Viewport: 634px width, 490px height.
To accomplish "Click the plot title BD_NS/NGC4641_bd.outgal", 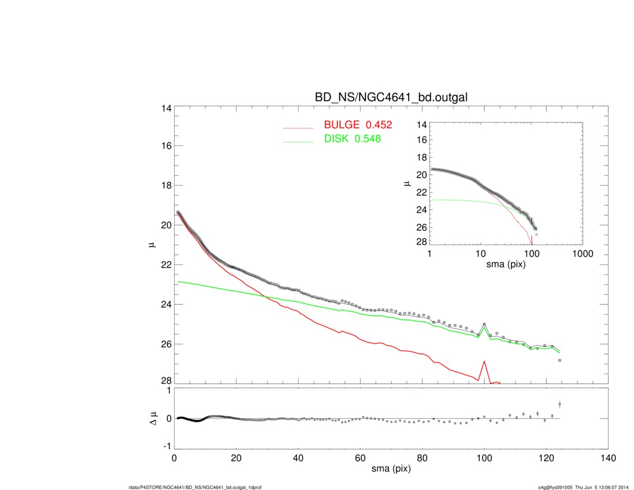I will tap(390, 97).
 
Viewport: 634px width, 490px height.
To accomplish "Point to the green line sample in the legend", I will tap(298, 140).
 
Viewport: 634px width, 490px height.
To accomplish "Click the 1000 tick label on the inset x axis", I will tap(583, 254).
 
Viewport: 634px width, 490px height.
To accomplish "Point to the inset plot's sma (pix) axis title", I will tap(505, 266).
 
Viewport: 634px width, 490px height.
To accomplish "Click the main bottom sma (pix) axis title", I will tap(391, 470).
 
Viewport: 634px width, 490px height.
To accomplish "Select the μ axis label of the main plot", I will tap(152, 245).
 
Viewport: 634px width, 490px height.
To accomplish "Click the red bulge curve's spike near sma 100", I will tap(484, 361).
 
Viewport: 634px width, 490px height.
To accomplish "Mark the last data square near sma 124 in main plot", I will tap(560, 360).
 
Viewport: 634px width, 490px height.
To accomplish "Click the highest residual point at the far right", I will tap(560, 404).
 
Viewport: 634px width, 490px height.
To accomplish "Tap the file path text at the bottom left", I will tap(195, 487).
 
